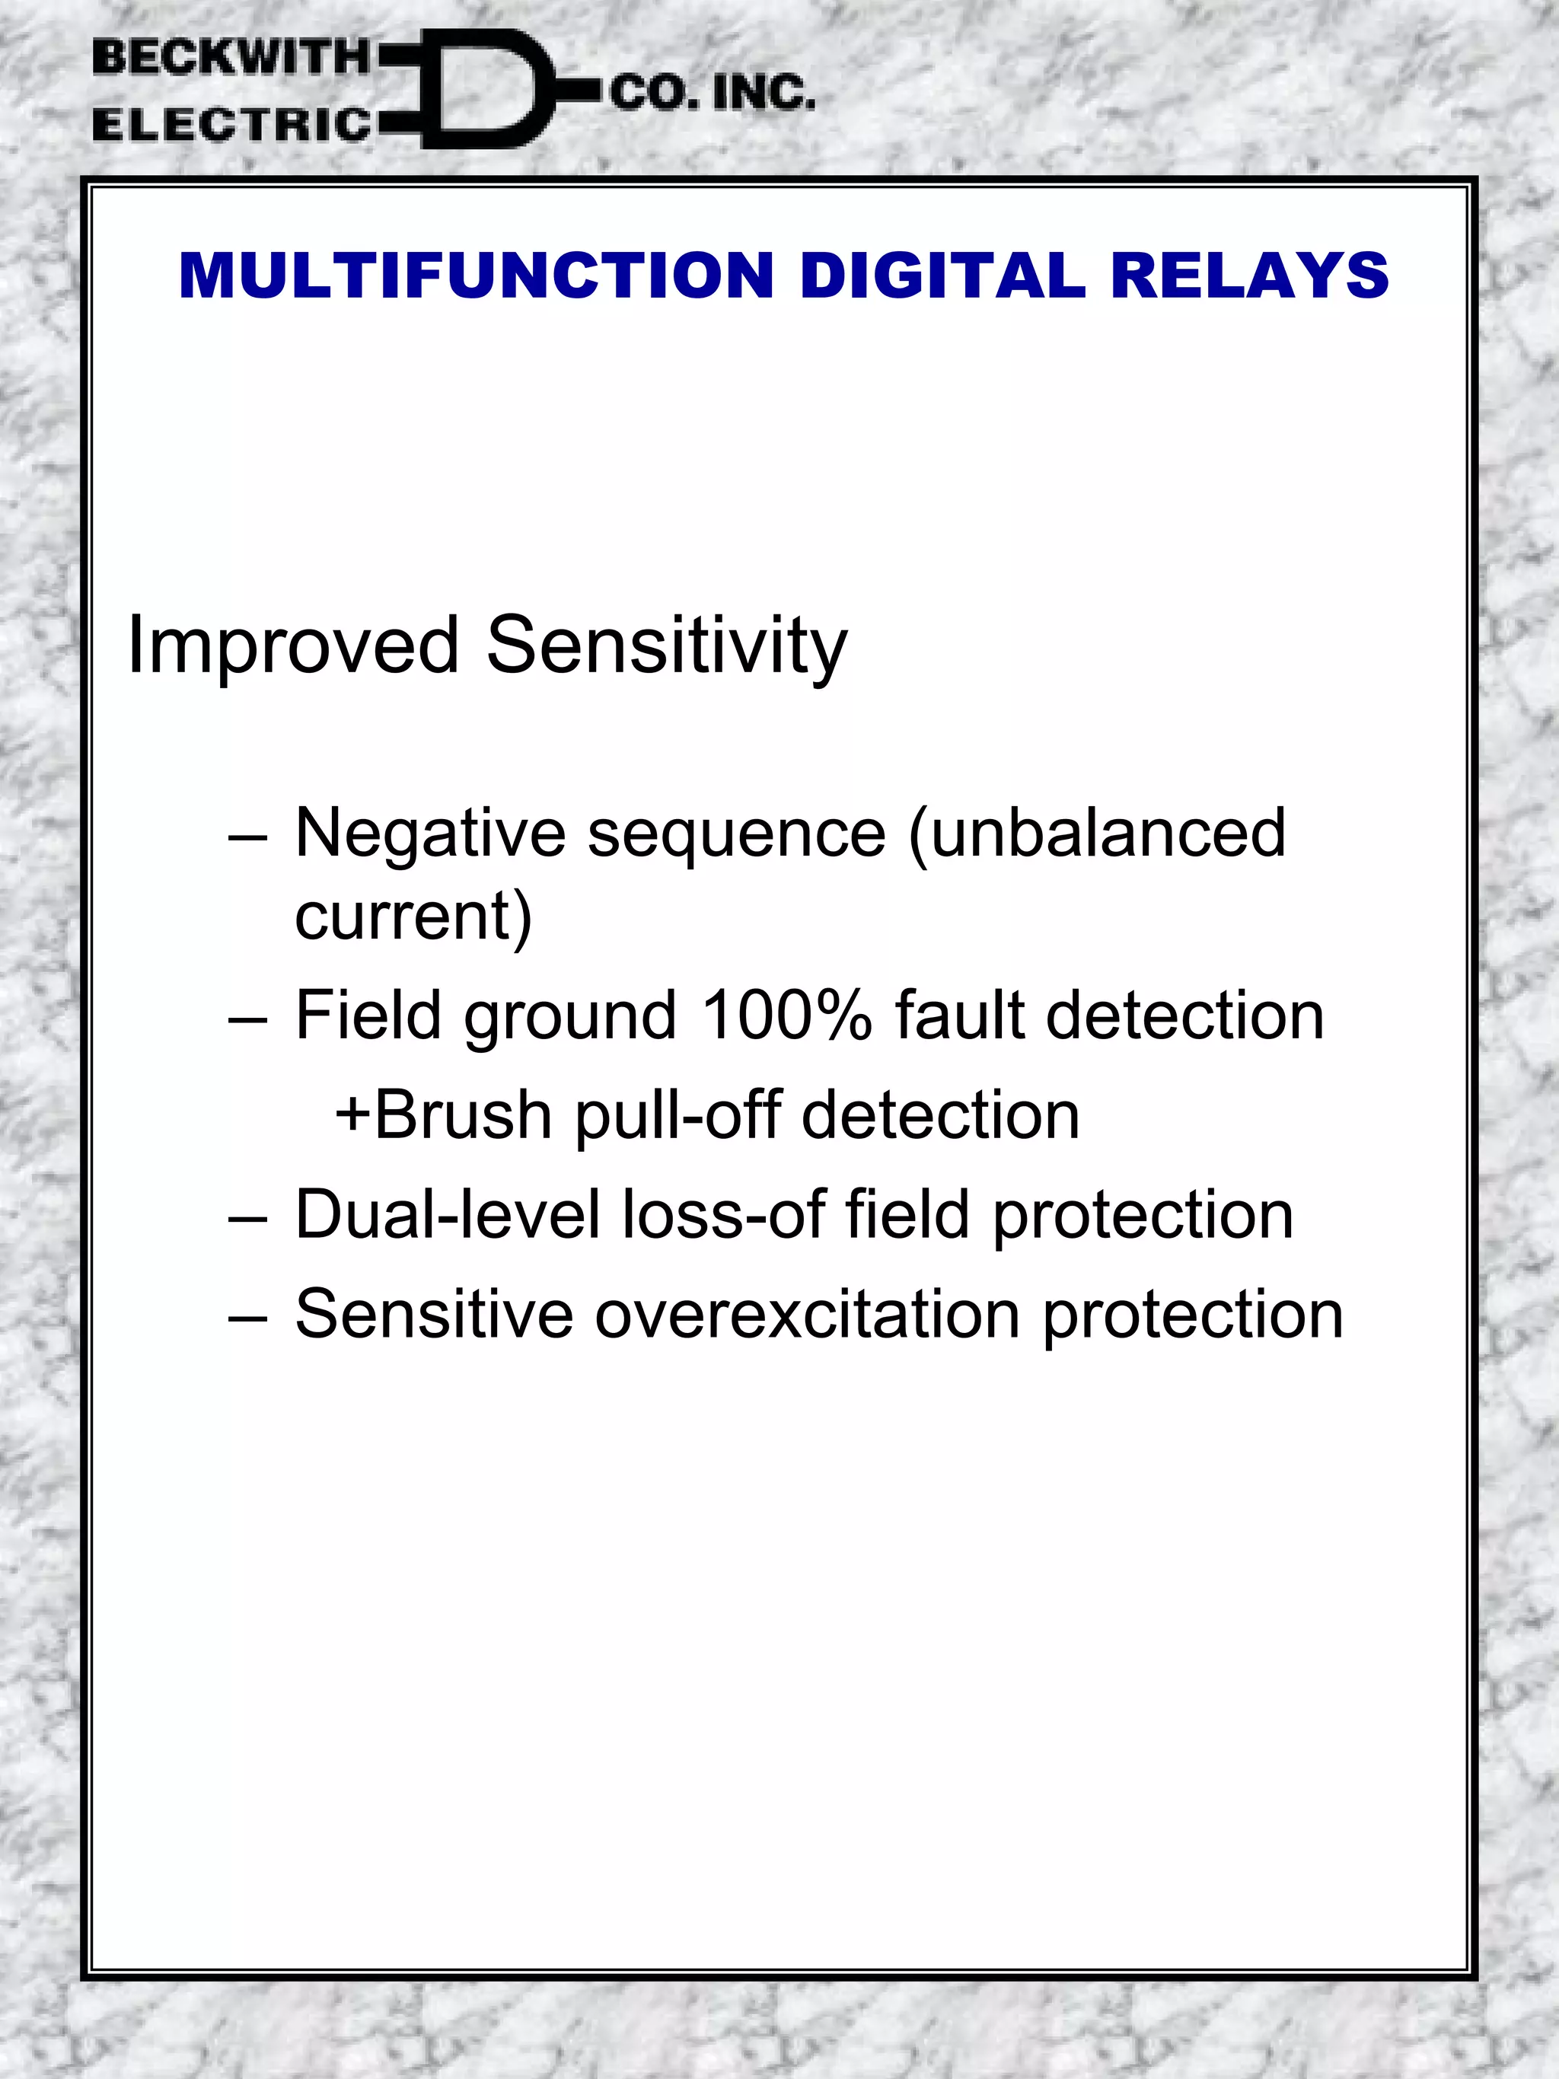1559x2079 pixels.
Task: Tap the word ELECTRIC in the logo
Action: tap(232, 125)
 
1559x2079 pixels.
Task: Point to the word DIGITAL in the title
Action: tap(942, 276)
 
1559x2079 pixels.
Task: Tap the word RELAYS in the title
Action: tap(1249, 276)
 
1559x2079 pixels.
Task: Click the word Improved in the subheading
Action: tap(293, 645)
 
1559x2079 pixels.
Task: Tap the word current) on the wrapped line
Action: tap(413, 917)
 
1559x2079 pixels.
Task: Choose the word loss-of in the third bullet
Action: tap(724, 1215)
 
